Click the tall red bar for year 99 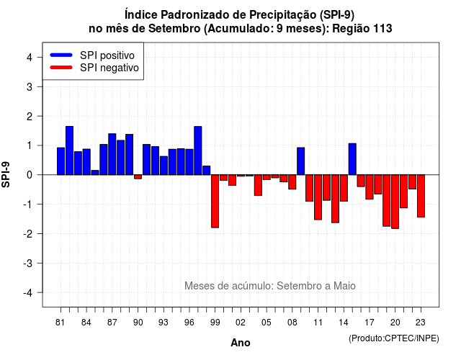click(x=215, y=202)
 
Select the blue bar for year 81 click(x=61, y=161)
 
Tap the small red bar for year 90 click(x=138, y=176)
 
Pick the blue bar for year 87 click(x=112, y=154)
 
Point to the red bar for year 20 click(x=395, y=202)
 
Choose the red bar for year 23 click(x=421, y=196)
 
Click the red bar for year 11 click(x=318, y=197)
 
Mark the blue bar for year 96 click(x=189, y=162)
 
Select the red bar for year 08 click(x=292, y=182)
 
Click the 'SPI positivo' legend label click(x=107, y=55)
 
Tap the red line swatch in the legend click(x=61, y=68)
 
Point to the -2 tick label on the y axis click(x=28, y=234)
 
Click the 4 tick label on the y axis click(x=30, y=58)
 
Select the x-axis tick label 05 click(x=267, y=323)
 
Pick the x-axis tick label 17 click(x=370, y=323)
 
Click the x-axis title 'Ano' click(x=241, y=343)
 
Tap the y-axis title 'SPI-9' click(x=6, y=174)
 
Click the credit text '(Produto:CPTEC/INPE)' click(x=394, y=338)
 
